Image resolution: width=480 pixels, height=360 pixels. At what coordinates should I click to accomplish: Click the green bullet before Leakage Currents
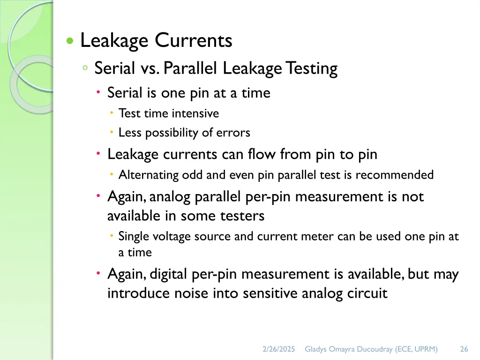(70, 41)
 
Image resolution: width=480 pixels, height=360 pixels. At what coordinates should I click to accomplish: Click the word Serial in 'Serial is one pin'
(125, 93)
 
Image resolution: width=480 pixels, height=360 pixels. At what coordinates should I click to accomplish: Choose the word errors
(233, 133)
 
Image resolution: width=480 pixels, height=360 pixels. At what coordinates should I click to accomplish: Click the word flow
(262, 154)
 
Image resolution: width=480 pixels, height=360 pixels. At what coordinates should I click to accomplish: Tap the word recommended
(394, 175)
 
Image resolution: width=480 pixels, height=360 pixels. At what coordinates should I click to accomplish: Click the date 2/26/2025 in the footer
(279, 349)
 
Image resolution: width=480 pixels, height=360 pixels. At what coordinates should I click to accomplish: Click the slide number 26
(464, 349)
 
